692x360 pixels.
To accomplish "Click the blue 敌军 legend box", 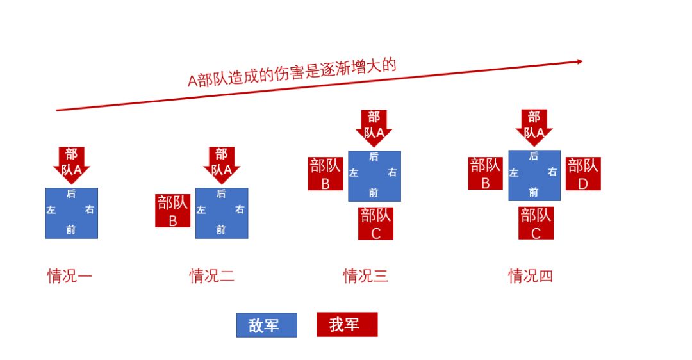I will pos(266,325).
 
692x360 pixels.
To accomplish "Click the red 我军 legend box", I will pos(347,324).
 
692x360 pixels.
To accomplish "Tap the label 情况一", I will pos(70,276).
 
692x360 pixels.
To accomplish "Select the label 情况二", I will pos(211,276).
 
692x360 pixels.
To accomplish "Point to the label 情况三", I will pos(365,276).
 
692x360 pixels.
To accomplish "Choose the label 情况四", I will pos(531,276).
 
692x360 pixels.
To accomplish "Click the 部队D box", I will pos(582,174).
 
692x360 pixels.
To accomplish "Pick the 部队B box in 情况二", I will pos(173,211).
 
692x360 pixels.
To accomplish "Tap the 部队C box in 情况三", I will pos(375,223).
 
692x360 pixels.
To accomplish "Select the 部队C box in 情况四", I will pos(536,223).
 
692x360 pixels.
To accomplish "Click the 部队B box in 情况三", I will pos(325,174).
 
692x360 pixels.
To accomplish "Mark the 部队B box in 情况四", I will pos(486,174).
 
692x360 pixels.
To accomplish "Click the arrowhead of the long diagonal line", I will pos(579,61).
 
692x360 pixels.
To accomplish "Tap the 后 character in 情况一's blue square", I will pos(71,193).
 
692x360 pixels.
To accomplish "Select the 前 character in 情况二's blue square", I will pos(221,230).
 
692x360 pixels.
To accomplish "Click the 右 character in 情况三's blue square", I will pos(392,172).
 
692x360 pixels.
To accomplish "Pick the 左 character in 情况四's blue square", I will pos(514,172).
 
